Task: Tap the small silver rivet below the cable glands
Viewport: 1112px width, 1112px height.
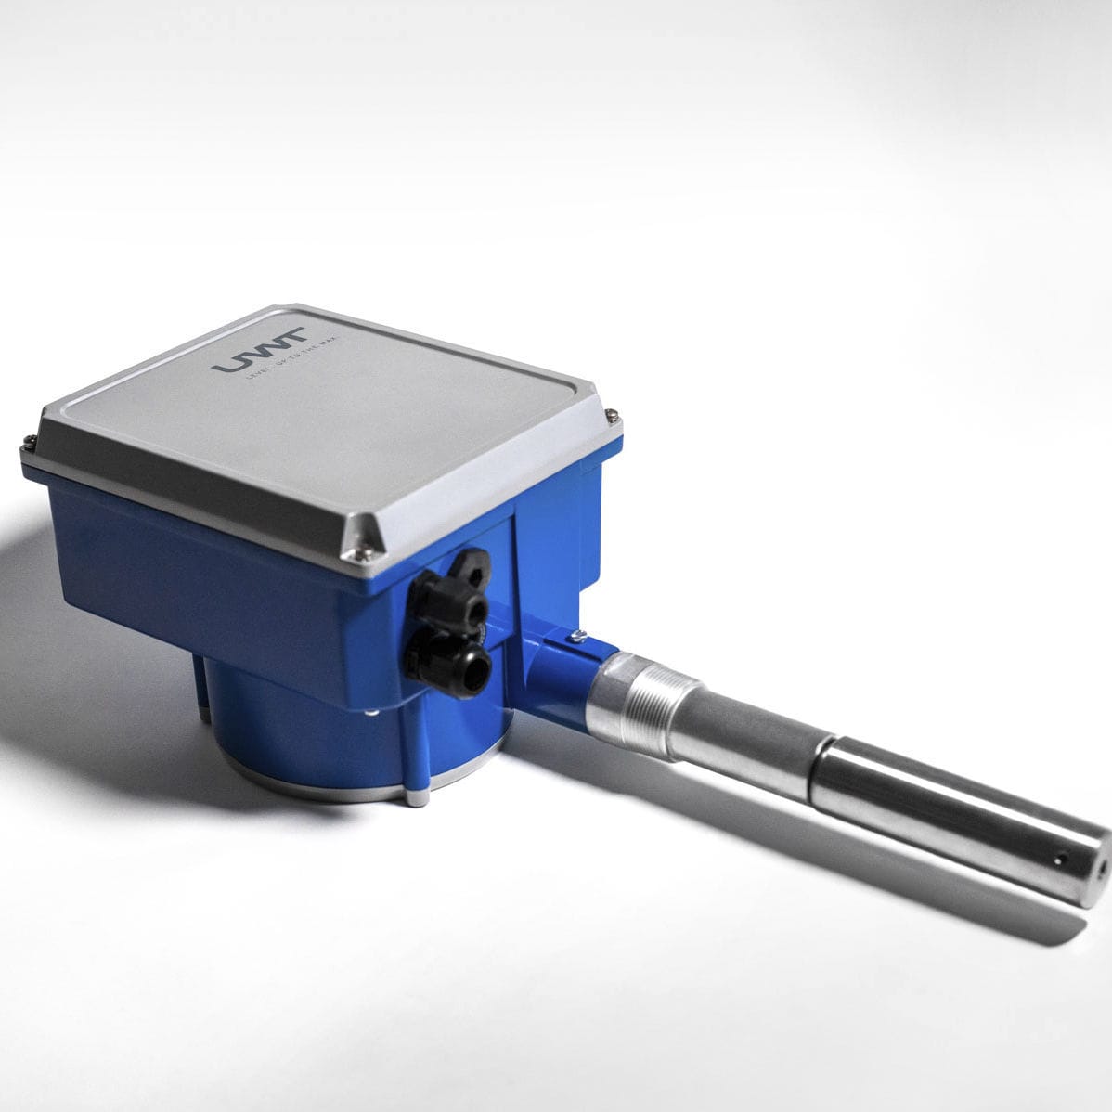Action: (x=372, y=713)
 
